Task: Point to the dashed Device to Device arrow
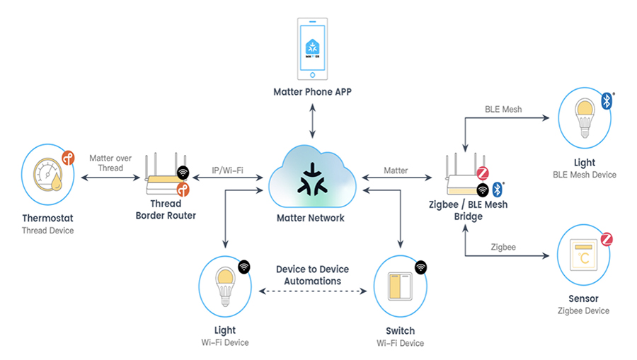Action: pos(311,291)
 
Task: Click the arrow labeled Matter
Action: pos(395,179)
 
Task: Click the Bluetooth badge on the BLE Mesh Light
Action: pos(607,101)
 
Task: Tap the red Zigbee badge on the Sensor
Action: pos(607,239)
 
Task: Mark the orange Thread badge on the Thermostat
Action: pos(68,156)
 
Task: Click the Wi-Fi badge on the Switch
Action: pos(421,267)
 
